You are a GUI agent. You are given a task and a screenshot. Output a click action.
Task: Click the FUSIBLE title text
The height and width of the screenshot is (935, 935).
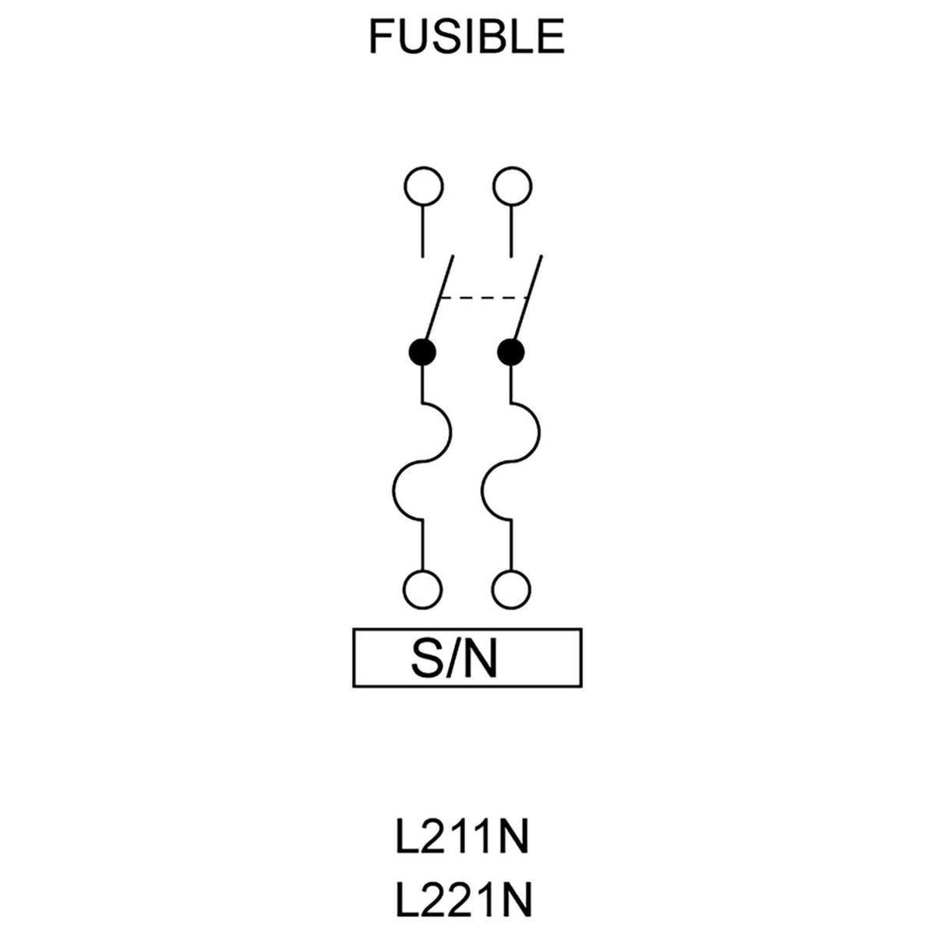pos(466,37)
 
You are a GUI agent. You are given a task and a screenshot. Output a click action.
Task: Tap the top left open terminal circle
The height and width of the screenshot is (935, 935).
pos(423,187)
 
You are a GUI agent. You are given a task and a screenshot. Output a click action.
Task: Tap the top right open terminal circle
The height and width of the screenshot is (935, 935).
pos(513,187)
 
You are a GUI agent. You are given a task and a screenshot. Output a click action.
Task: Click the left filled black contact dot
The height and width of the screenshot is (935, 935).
pos(422,352)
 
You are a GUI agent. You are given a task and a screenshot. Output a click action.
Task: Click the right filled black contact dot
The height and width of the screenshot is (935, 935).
pos(511,352)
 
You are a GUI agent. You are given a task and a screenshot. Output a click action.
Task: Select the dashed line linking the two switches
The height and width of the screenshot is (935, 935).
pos(485,298)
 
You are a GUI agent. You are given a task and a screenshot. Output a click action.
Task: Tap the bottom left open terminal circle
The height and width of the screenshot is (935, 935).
pos(423,587)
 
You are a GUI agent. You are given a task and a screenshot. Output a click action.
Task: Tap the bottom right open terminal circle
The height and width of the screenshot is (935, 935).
pos(513,587)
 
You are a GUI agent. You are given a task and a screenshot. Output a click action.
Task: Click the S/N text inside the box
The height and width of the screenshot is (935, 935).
pos(452,658)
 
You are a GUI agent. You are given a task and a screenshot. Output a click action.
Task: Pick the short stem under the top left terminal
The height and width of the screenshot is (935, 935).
pos(423,231)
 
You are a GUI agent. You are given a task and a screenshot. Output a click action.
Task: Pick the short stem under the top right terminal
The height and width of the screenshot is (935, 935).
pos(512,231)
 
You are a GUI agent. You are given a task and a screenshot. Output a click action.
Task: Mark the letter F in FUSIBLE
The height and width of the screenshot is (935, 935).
pos(378,37)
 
